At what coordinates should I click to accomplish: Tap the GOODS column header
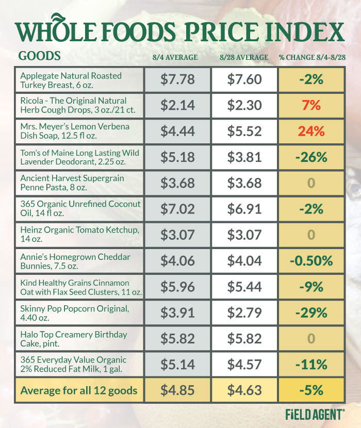(x=39, y=56)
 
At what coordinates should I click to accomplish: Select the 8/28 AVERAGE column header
(x=244, y=57)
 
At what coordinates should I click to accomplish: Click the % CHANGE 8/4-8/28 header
(x=311, y=57)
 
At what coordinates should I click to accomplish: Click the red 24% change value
(x=311, y=131)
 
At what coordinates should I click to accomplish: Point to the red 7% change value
(x=311, y=105)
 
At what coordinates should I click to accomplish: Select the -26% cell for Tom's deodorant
(x=311, y=157)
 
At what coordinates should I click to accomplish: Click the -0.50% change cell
(x=311, y=261)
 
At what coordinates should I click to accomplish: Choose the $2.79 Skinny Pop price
(x=244, y=312)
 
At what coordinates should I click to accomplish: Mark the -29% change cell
(x=311, y=312)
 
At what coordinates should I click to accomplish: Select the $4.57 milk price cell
(x=244, y=365)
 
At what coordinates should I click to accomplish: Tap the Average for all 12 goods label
(x=78, y=390)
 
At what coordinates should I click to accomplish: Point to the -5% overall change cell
(x=311, y=390)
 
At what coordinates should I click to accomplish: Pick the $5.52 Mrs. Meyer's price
(x=244, y=131)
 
